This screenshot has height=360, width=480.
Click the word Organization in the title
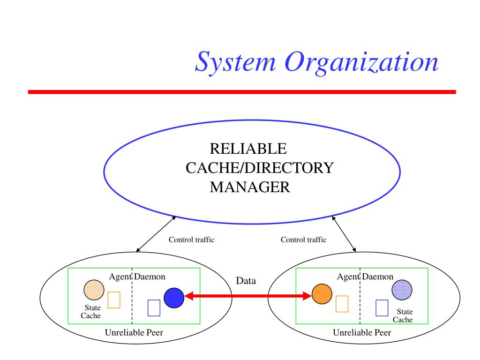click(363, 62)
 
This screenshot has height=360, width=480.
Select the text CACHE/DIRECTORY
click(260, 168)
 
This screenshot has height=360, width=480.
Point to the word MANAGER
click(250, 187)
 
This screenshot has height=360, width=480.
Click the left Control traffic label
click(191, 240)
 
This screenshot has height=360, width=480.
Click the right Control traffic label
click(303, 240)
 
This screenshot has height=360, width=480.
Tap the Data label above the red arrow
click(246, 281)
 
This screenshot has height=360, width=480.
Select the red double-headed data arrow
click(248, 296)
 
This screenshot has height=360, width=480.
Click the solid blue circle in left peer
click(174, 297)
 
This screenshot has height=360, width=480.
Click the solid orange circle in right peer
click(322, 294)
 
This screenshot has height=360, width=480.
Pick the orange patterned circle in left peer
click(94, 290)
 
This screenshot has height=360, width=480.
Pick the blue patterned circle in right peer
click(402, 290)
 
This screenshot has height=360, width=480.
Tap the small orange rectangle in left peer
click(114, 300)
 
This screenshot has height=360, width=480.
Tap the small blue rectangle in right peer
click(382, 307)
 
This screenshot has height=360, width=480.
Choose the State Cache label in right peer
click(403, 315)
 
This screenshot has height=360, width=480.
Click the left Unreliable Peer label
click(134, 333)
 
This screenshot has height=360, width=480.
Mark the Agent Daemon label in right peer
click(365, 277)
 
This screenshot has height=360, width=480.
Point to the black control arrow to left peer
click(155, 233)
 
